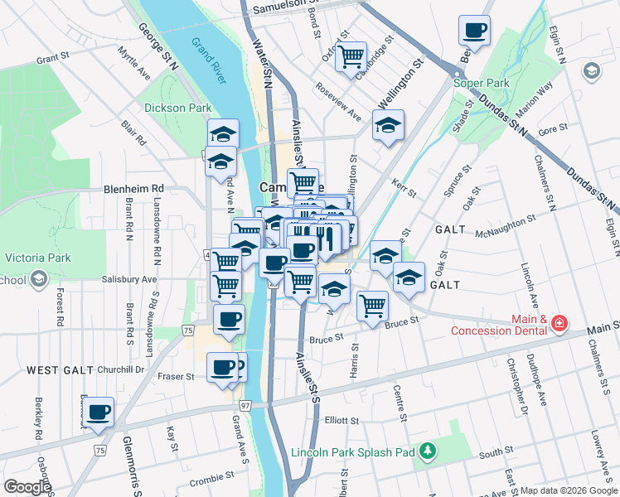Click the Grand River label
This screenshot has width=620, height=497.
click(208, 60)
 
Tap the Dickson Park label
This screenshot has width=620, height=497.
click(177, 108)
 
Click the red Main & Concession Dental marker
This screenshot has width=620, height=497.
click(559, 321)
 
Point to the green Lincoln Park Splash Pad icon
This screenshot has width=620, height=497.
click(428, 451)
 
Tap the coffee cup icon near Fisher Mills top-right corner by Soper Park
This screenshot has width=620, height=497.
click(475, 31)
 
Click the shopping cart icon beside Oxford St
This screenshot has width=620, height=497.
click(351, 55)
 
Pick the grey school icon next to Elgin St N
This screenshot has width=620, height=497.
click(591, 70)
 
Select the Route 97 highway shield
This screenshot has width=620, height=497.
click(245, 406)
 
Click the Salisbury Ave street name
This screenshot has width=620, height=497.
click(129, 280)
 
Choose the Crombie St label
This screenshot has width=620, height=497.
click(207, 480)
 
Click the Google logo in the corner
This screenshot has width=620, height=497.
click(27, 487)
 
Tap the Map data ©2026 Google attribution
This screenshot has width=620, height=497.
click(569, 490)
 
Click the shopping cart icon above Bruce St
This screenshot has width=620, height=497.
click(373, 305)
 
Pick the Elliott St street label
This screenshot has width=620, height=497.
click(341, 421)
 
